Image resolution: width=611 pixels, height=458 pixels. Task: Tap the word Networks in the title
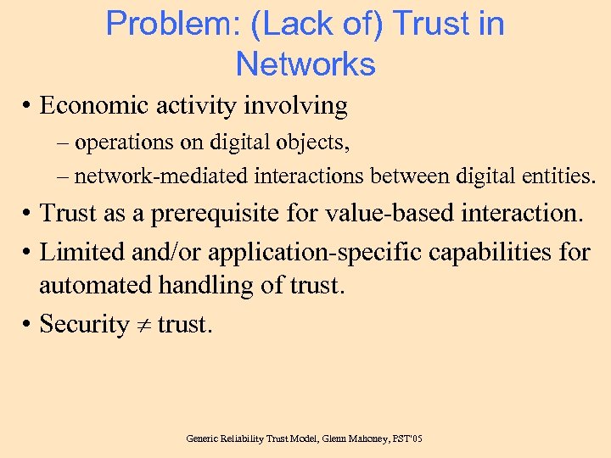[305, 64]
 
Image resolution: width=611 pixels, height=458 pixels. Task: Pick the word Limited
[80, 251]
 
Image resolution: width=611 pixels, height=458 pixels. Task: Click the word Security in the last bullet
[84, 324]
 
